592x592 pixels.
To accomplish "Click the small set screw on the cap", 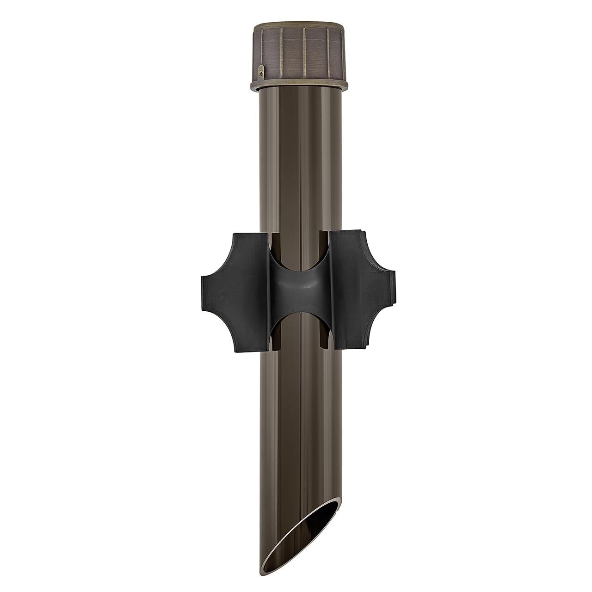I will point(262,72).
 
